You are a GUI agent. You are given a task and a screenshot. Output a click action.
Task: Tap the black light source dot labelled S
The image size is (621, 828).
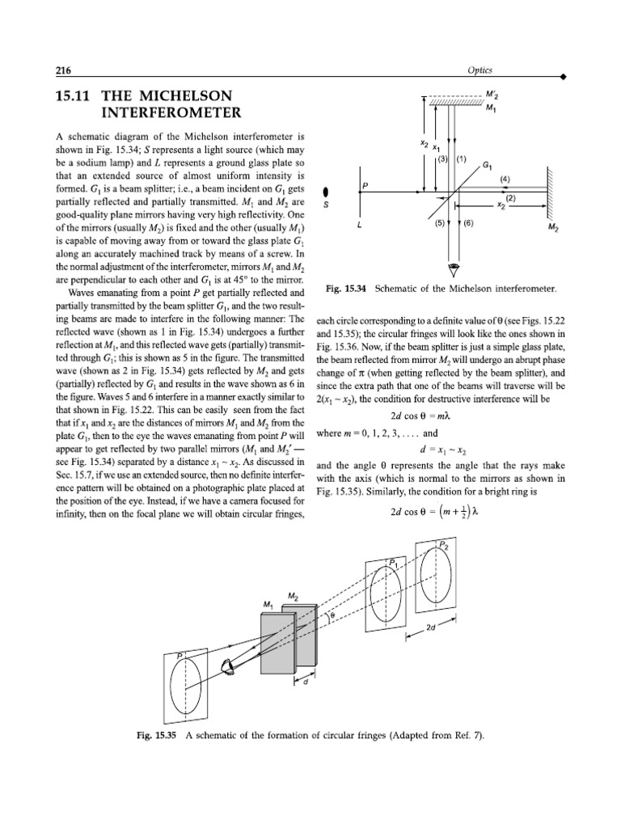(326, 192)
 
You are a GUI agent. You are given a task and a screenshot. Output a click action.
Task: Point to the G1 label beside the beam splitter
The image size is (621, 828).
(486, 164)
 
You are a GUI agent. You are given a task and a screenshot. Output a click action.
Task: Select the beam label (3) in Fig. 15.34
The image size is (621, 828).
(442, 158)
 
